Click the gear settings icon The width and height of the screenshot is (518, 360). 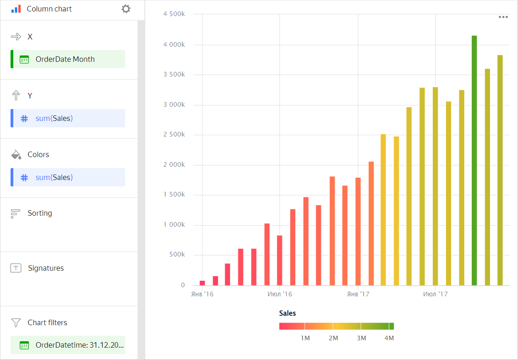coord(126,9)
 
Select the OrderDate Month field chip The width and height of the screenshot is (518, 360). coord(68,59)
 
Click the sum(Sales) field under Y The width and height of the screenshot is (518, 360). coord(68,118)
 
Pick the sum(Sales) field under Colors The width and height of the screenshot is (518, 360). coord(68,177)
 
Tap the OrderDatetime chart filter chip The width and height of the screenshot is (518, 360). coord(68,345)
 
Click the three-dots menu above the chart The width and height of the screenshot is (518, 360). coord(503,17)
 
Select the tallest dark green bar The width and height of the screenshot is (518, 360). coord(474,160)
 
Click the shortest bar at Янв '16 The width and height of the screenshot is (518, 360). coord(202,283)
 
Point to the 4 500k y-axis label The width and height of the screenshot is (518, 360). coord(174,14)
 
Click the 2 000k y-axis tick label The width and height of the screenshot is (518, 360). coord(174,165)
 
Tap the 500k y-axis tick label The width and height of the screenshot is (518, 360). coord(176,255)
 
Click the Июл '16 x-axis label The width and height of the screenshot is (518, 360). coord(280,294)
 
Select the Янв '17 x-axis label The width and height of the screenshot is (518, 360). coord(358,294)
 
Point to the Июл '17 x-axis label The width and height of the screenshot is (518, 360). coord(435,294)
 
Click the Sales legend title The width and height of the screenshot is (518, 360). coord(287,313)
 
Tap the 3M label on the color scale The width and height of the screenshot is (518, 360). coord(361,338)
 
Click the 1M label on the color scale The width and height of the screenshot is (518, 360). coord(305,338)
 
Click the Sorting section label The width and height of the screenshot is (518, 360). coord(40,213)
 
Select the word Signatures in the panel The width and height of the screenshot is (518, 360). coord(46,268)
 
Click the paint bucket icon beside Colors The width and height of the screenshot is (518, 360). coord(16,155)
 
